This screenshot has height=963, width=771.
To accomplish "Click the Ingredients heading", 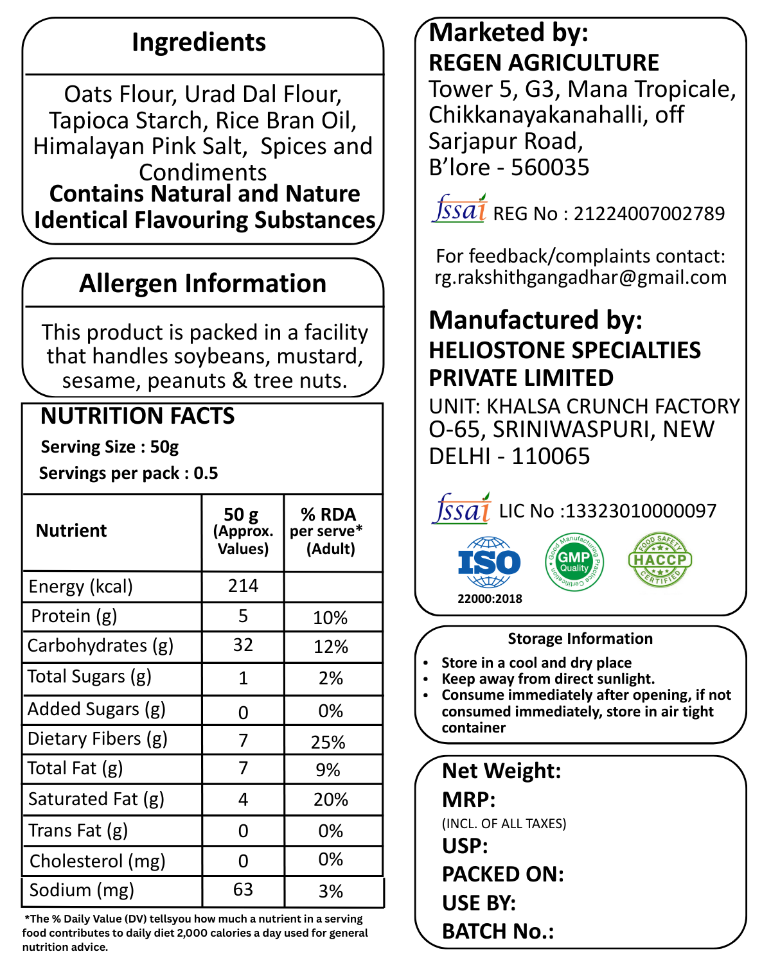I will (x=199, y=42).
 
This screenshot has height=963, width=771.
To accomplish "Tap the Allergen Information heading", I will (x=202, y=283).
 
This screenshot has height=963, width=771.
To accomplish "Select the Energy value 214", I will (x=243, y=586).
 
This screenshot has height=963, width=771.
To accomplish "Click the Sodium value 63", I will (x=243, y=890).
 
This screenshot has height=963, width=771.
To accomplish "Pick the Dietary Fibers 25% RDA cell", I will (x=328, y=742).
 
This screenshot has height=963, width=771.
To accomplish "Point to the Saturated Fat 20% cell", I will (x=331, y=799).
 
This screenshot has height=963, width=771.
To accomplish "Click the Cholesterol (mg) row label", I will (x=98, y=861).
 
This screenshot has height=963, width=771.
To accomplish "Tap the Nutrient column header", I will (x=71, y=530).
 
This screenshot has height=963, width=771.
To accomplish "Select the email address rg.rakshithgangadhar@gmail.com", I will (x=581, y=277).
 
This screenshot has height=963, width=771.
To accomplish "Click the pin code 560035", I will (x=550, y=168).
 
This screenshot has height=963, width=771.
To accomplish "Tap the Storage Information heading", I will (x=580, y=639).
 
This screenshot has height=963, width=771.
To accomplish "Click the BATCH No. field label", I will (x=498, y=931).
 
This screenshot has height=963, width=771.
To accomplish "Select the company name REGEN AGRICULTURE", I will (x=544, y=63).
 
